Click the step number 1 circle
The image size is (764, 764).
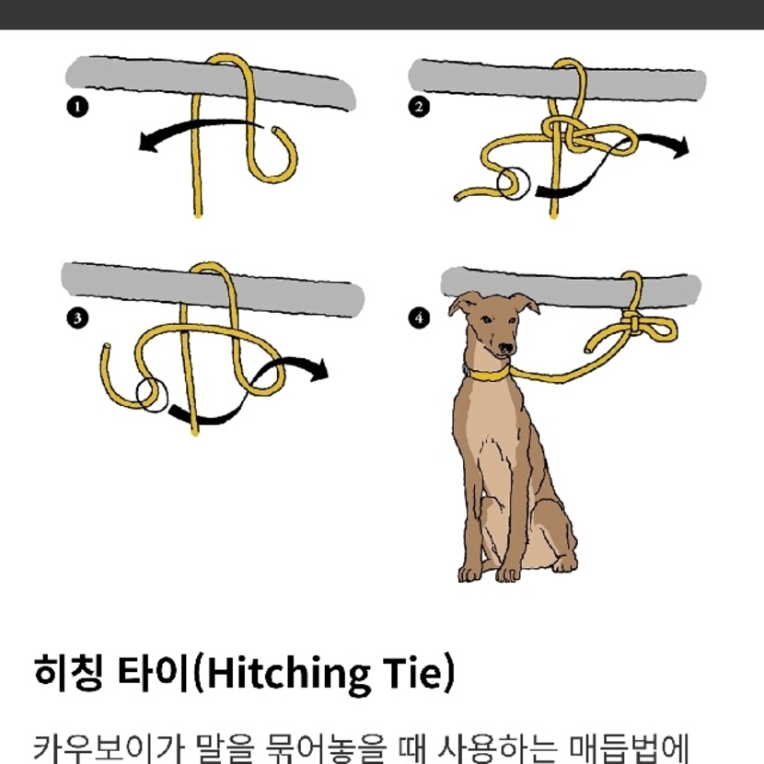point(77,107)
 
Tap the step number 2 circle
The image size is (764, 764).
point(419,107)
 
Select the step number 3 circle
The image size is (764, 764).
point(77,318)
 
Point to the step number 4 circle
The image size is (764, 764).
point(419,318)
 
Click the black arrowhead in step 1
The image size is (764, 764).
point(148,143)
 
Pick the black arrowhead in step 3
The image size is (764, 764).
point(318,369)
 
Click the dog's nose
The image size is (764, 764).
point(507,348)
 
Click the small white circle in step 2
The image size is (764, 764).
point(514,184)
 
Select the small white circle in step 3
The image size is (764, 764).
point(152,395)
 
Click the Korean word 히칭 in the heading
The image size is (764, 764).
point(68,673)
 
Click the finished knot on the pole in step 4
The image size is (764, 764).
point(632,322)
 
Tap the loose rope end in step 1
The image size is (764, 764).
point(276,131)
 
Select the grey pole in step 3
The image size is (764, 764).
point(213,288)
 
